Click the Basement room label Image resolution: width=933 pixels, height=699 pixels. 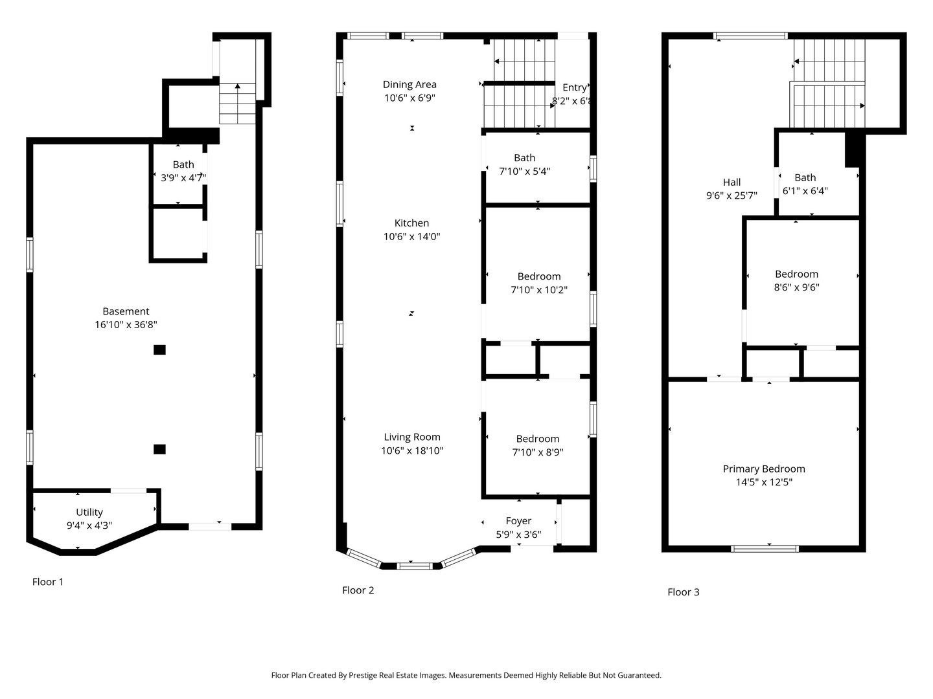(126, 311)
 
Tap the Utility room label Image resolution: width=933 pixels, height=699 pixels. (89, 513)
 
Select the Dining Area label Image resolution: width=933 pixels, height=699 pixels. (409, 84)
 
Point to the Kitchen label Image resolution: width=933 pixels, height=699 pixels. (411, 223)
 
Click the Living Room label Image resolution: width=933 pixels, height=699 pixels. (411, 437)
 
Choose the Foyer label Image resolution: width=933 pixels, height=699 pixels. (518, 521)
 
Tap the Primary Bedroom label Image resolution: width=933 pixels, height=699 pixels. (764, 469)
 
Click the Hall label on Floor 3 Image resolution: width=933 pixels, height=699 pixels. (731, 183)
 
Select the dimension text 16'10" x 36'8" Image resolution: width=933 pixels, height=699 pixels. (126, 325)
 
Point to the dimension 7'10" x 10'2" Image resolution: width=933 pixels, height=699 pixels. (538, 290)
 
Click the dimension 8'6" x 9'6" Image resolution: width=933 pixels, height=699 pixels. (796, 287)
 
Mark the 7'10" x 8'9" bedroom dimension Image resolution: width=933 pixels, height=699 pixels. (537, 452)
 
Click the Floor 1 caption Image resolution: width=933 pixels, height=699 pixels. (48, 582)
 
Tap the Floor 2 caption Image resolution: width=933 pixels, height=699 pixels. (358, 590)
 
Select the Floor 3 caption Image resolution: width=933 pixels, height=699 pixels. (683, 592)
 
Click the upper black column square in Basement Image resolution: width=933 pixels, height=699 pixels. (159, 350)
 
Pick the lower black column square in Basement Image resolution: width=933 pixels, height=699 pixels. (159, 449)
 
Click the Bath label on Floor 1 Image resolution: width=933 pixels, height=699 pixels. (183, 164)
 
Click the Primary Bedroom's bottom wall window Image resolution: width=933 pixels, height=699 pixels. (765, 549)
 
